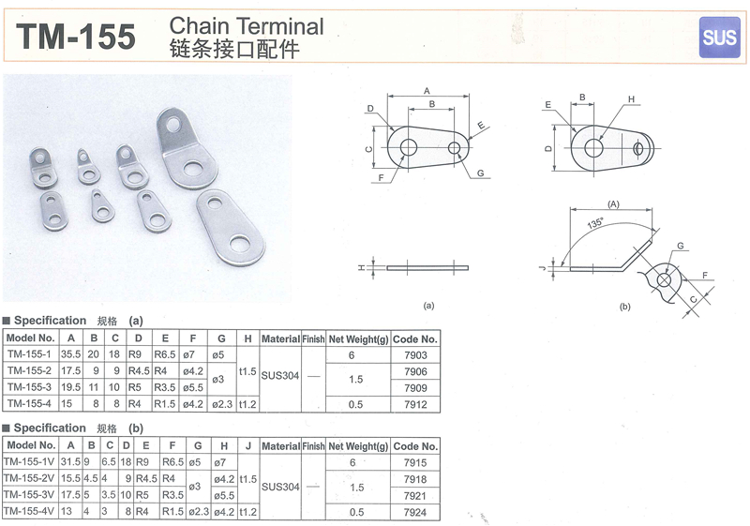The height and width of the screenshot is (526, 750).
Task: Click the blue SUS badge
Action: [719, 37]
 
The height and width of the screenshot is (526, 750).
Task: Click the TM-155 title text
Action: [77, 37]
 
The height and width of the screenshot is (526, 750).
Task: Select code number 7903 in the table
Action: [415, 355]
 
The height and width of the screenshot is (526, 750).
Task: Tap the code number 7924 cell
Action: [414, 512]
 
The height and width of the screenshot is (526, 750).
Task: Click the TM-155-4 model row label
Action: [29, 403]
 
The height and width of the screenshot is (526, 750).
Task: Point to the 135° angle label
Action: [595, 223]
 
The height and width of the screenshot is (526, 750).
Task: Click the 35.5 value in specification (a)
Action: [71, 354]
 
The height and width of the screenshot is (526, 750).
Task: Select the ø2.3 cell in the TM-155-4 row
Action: [222, 404]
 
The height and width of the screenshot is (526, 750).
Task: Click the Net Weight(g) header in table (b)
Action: [358, 446]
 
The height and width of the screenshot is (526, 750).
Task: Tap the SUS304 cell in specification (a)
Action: [279, 376]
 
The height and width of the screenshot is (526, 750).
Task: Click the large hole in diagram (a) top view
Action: [409, 148]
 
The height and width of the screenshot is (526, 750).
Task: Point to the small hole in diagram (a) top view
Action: [455, 148]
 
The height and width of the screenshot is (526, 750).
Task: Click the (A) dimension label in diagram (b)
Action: [613, 204]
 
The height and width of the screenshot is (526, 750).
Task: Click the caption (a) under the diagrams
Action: [428, 305]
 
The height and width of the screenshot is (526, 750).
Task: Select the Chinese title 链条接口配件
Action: [234, 50]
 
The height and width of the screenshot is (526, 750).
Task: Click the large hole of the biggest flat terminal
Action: [240, 245]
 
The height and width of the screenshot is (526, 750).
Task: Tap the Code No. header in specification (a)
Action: [415, 339]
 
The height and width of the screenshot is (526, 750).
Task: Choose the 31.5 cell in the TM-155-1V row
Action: [71, 462]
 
